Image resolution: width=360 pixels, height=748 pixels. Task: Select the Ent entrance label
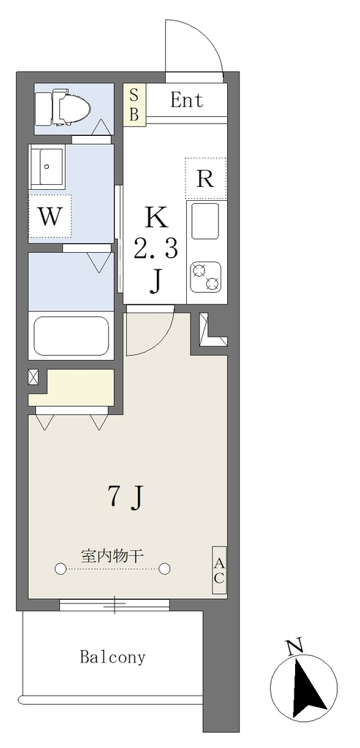click(x=186, y=100)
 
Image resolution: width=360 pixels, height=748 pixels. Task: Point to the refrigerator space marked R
click(x=205, y=178)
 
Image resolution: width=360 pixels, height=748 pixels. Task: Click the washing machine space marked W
click(x=50, y=216)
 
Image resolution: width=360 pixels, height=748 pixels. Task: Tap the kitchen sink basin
click(x=205, y=221)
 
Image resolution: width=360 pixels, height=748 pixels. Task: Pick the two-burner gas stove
click(x=205, y=277)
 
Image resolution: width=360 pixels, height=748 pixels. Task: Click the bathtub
click(x=71, y=336)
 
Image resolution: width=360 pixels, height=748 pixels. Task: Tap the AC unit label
click(x=219, y=570)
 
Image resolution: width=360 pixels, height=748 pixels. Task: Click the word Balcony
click(x=112, y=657)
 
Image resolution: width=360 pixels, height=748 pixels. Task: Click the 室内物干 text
click(x=112, y=556)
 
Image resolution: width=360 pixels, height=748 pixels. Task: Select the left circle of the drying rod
click(x=61, y=568)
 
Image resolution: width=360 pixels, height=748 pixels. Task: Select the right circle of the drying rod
click(x=164, y=568)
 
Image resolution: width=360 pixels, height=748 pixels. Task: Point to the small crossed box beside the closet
click(x=34, y=378)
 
